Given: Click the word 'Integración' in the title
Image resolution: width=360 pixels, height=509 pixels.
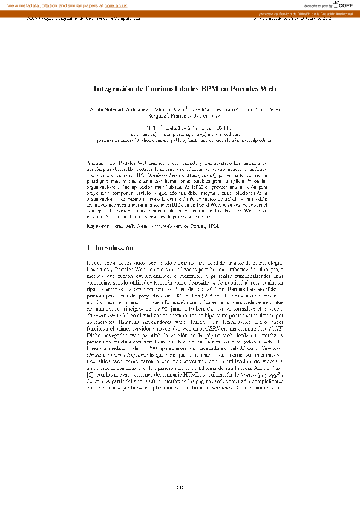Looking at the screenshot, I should click(116, 88).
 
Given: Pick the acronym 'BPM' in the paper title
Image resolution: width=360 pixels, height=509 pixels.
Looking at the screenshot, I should click(210, 88).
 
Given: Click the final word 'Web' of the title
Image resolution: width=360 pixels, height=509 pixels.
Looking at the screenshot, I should click(267, 88).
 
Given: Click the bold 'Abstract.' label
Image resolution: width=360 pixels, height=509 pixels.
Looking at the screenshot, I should click(98, 164).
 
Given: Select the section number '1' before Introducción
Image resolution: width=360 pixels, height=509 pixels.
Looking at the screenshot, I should click(89, 248).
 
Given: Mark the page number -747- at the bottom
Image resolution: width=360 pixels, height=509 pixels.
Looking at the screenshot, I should click(180, 487).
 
